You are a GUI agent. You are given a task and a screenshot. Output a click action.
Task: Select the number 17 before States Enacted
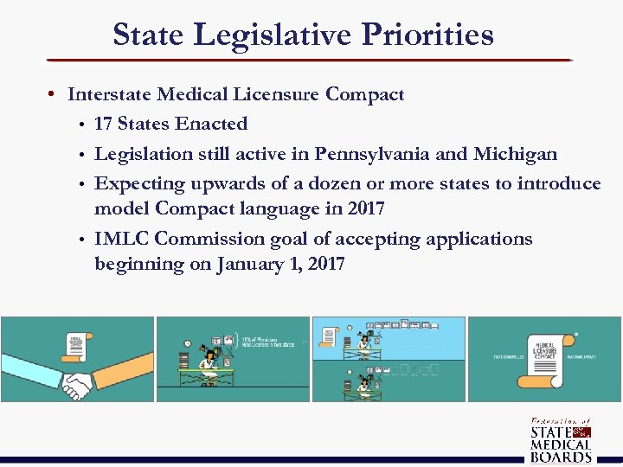point(104,124)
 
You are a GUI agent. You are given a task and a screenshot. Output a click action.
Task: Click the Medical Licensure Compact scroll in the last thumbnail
point(545,354)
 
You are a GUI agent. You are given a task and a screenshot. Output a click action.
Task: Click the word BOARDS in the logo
point(561,457)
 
